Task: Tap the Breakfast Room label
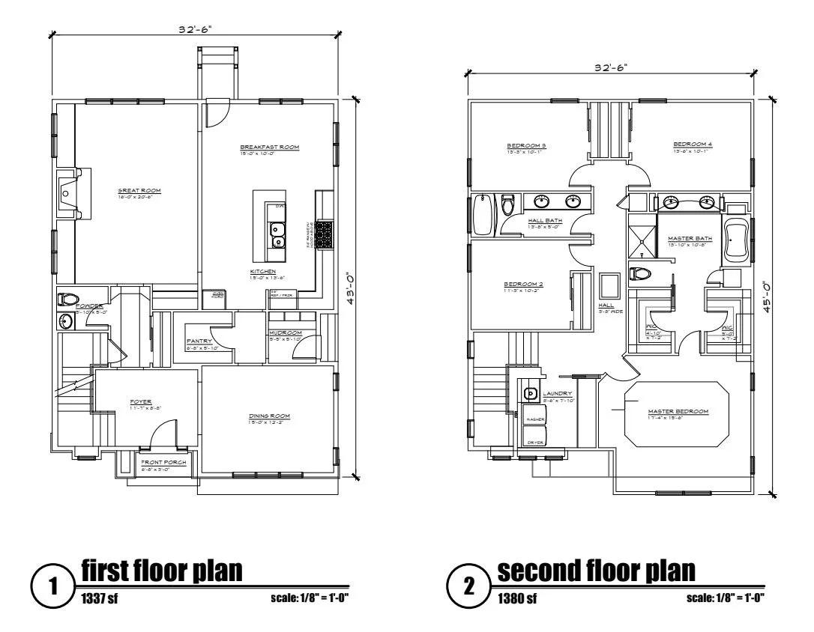point(270,148)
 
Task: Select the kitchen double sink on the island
point(277,234)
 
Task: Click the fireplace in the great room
point(68,193)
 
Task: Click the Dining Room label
point(269,416)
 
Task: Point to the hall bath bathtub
point(483,215)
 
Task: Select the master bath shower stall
point(642,237)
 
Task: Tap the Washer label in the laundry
point(534,419)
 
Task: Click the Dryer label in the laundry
point(534,443)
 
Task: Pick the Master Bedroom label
point(678,411)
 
